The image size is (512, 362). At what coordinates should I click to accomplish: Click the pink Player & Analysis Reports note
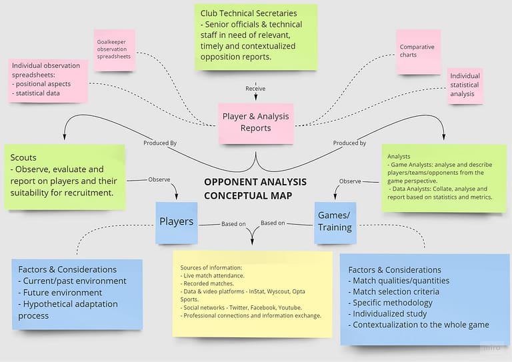(x=255, y=122)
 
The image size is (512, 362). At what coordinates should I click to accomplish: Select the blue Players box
(x=177, y=221)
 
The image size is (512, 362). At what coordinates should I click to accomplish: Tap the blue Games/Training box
(x=335, y=222)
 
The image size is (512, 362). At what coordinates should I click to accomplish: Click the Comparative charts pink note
(x=417, y=51)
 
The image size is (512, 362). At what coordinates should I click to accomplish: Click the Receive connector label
(x=255, y=88)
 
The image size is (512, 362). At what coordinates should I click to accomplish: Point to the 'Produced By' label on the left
(x=160, y=143)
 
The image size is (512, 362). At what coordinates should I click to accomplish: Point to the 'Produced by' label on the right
(x=349, y=143)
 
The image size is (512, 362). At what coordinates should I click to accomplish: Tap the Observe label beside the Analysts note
(x=350, y=181)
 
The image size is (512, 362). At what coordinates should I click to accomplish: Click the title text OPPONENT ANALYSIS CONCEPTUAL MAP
(x=255, y=188)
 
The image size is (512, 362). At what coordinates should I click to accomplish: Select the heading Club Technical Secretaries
(x=249, y=13)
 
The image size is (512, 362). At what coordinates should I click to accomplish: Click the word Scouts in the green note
(x=23, y=158)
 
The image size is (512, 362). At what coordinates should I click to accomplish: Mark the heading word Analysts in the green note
(x=399, y=156)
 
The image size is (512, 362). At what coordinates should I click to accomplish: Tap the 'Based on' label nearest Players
(x=233, y=223)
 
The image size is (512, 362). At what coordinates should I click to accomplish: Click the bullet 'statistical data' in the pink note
(x=39, y=93)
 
